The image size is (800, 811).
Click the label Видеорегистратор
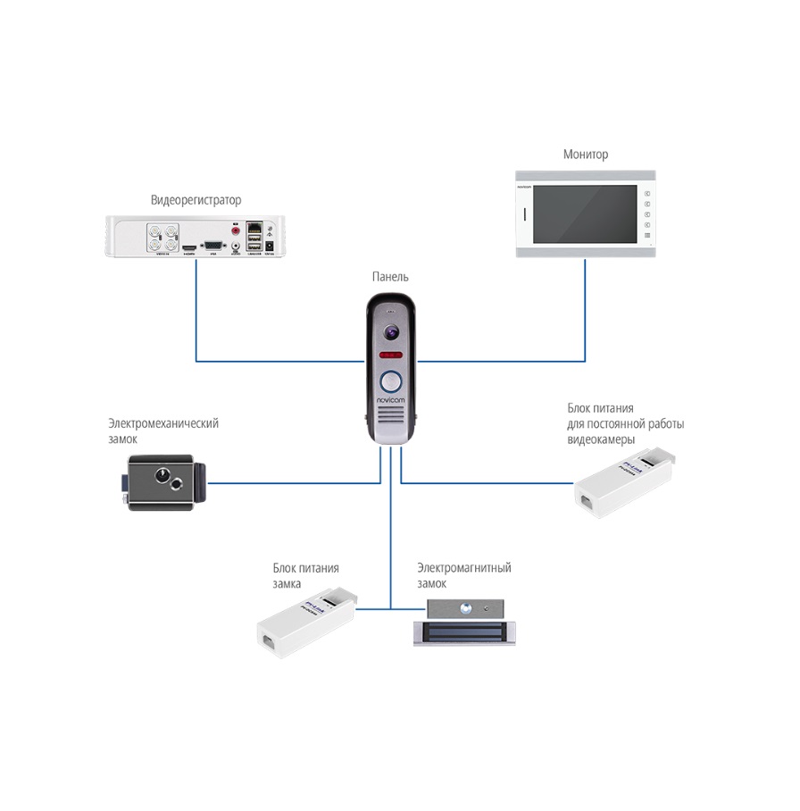[196, 200]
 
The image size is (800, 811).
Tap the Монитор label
[585, 155]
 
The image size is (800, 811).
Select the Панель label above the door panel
[391, 278]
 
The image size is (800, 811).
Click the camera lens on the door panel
[391, 333]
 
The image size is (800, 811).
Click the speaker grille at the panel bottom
[391, 423]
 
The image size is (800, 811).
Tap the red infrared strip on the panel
[391, 355]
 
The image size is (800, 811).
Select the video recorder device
[196, 237]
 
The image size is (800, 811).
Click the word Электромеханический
[163, 423]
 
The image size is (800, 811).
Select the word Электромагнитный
[463, 568]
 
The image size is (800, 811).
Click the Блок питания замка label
[305, 576]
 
